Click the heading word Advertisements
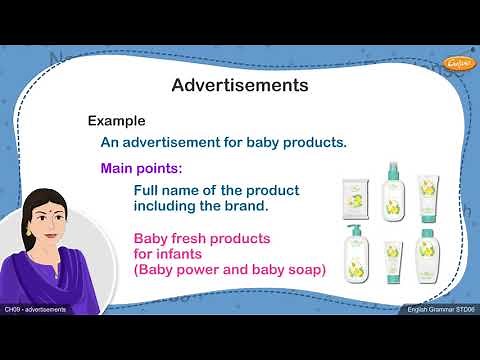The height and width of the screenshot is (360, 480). [x=239, y=85]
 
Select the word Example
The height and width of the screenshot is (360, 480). [x=117, y=120]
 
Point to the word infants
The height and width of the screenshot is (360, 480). [x=196, y=254]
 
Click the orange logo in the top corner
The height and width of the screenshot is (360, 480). [x=456, y=62]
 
